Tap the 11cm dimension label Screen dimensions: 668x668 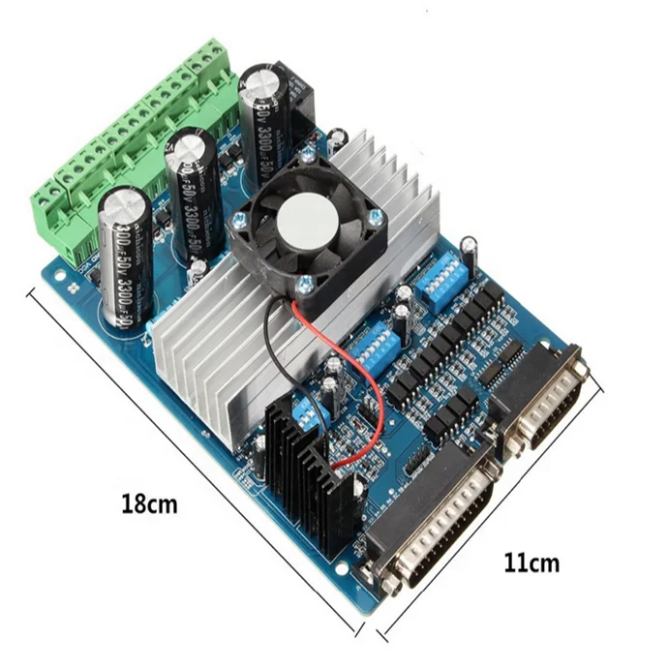click(531, 562)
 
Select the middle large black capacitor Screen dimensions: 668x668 click(192, 198)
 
